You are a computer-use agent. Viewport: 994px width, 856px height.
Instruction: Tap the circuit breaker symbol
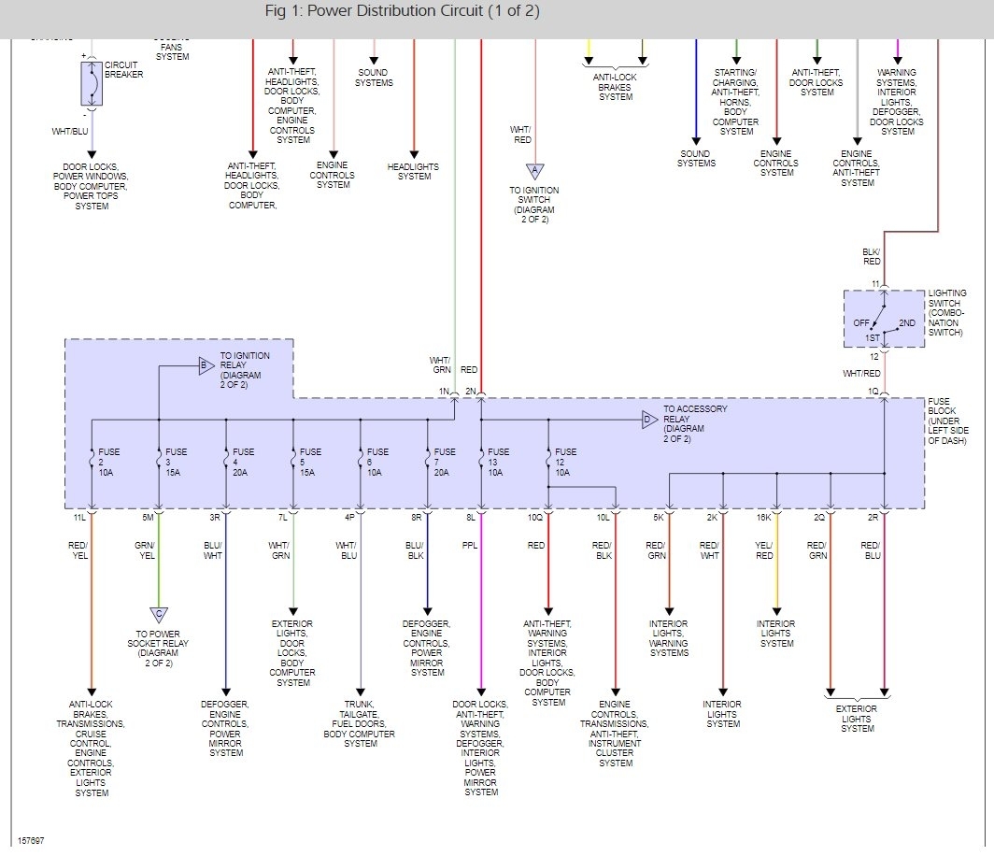pyautogui.click(x=91, y=84)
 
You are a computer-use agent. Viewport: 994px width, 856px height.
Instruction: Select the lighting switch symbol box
pyautogui.click(x=884, y=319)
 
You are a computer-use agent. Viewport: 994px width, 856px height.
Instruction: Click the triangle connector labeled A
pyautogui.click(x=534, y=171)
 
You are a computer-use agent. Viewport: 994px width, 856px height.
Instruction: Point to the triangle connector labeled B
pyautogui.click(x=205, y=366)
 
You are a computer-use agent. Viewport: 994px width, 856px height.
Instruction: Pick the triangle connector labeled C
pyautogui.click(x=159, y=614)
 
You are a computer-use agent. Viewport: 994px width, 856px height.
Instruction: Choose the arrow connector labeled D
pyautogui.click(x=647, y=420)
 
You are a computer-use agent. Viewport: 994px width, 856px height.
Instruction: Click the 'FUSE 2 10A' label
pyautogui.click(x=109, y=463)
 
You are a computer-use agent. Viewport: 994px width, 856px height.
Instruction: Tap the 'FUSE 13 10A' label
pyautogui.click(x=498, y=463)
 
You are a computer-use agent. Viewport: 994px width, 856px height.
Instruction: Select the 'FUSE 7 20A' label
pyautogui.click(x=445, y=463)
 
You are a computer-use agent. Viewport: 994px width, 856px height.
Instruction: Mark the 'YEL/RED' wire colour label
pyautogui.click(x=764, y=550)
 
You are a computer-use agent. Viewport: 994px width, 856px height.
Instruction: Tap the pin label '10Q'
pyautogui.click(x=534, y=517)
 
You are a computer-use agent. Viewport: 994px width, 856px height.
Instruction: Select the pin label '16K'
pyautogui.click(x=763, y=517)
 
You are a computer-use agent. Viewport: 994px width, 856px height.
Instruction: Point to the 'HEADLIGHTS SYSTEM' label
pyautogui.click(x=413, y=172)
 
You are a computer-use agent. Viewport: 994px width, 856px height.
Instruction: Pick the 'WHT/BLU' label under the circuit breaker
pyautogui.click(x=70, y=132)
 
